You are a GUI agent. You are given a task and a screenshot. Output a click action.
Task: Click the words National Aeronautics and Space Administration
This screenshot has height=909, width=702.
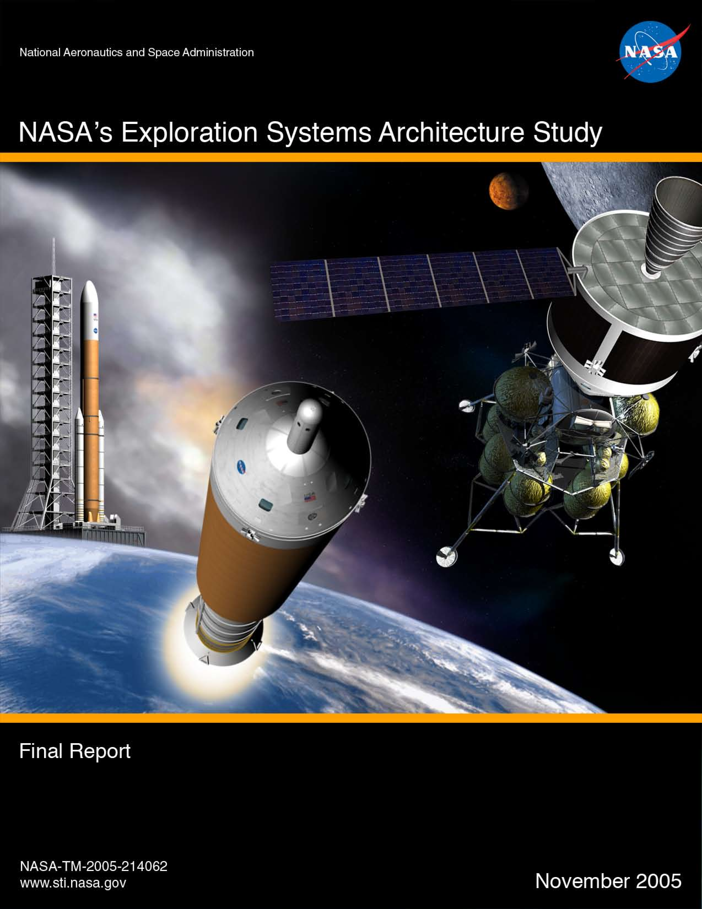click(x=137, y=52)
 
